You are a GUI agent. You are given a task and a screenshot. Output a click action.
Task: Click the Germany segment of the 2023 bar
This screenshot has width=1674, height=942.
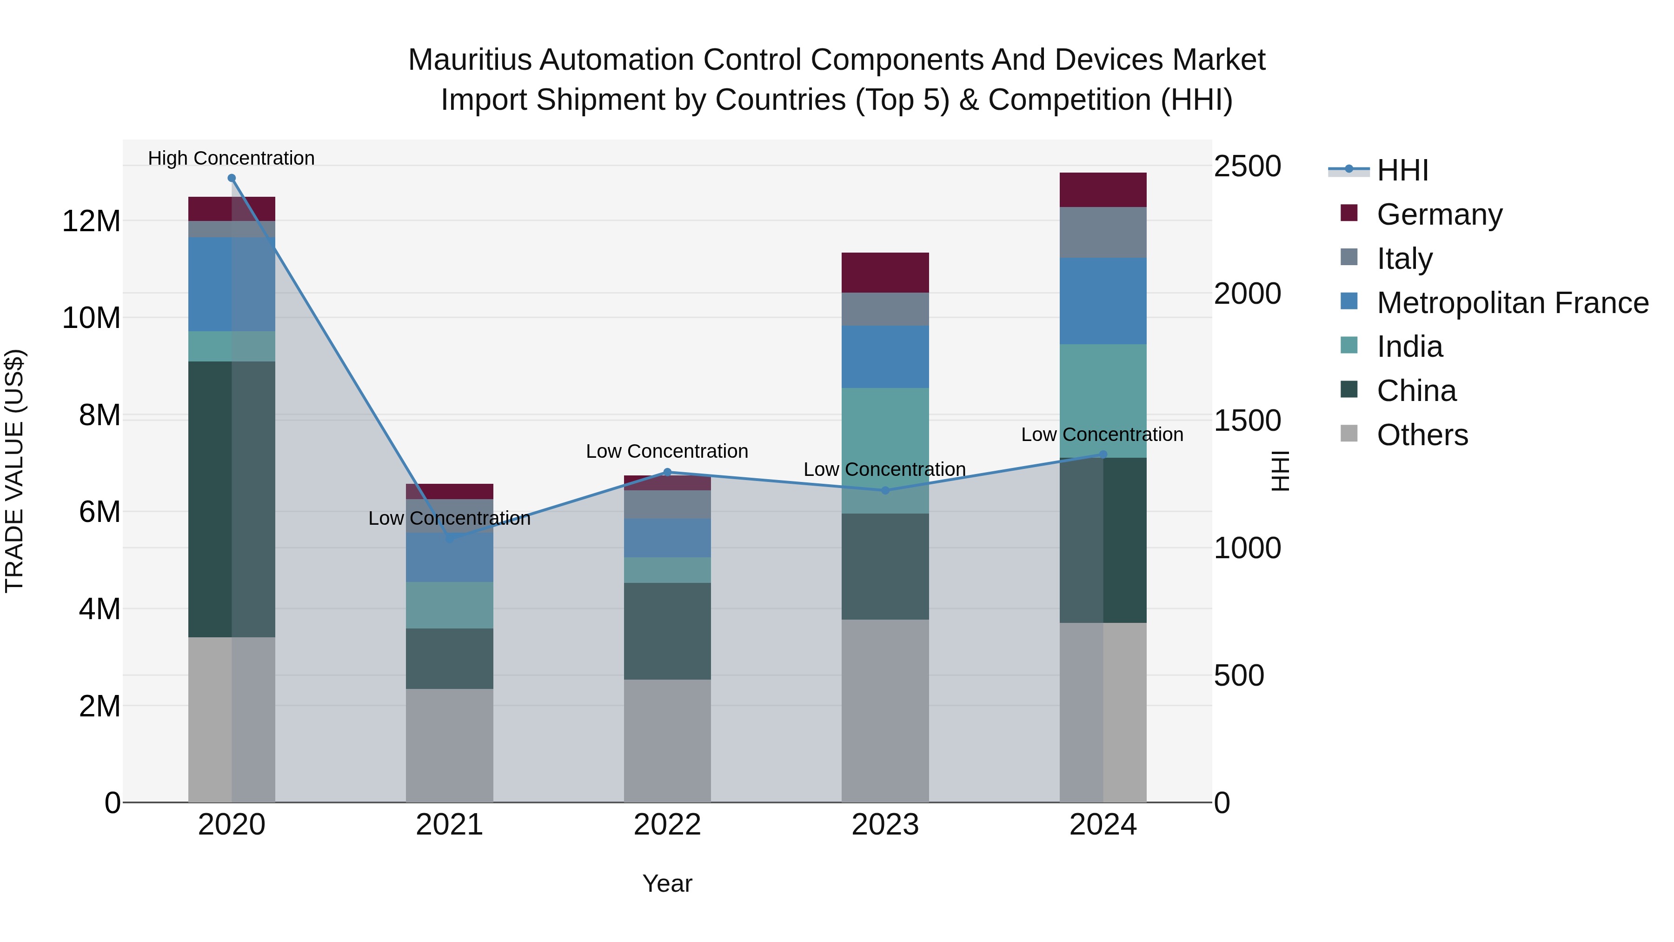click(x=884, y=273)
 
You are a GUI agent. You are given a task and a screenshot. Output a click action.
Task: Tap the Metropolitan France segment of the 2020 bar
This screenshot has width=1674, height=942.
click(x=232, y=284)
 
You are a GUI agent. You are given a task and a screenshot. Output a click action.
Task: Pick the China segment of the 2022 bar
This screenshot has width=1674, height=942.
click(x=667, y=631)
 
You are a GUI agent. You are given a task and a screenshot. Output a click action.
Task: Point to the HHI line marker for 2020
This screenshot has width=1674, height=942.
click(x=232, y=178)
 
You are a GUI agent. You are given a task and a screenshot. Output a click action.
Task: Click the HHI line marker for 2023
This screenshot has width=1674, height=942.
click(x=884, y=490)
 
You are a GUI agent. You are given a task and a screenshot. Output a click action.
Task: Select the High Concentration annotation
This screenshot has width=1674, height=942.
click(x=232, y=158)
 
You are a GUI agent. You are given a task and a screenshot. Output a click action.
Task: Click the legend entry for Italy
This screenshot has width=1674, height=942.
click(x=1404, y=258)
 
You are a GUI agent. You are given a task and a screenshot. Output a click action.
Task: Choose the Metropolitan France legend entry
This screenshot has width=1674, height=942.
click(x=1512, y=302)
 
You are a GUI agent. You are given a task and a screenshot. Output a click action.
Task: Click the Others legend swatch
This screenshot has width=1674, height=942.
click(x=1349, y=434)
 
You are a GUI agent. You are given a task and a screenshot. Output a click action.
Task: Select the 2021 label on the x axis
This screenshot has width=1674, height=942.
click(x=449, y=825)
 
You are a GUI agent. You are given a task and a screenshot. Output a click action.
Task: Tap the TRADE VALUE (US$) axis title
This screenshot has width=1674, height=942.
click(x=14, y=471)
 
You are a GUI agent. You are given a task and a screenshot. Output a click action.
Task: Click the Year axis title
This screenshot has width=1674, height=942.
click(x=667, y=883)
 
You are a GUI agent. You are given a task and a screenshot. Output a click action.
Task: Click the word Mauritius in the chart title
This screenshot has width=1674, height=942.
click(x=469, y=60)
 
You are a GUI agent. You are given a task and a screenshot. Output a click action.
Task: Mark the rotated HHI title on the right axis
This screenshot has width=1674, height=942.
click(x=1280, y=471)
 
